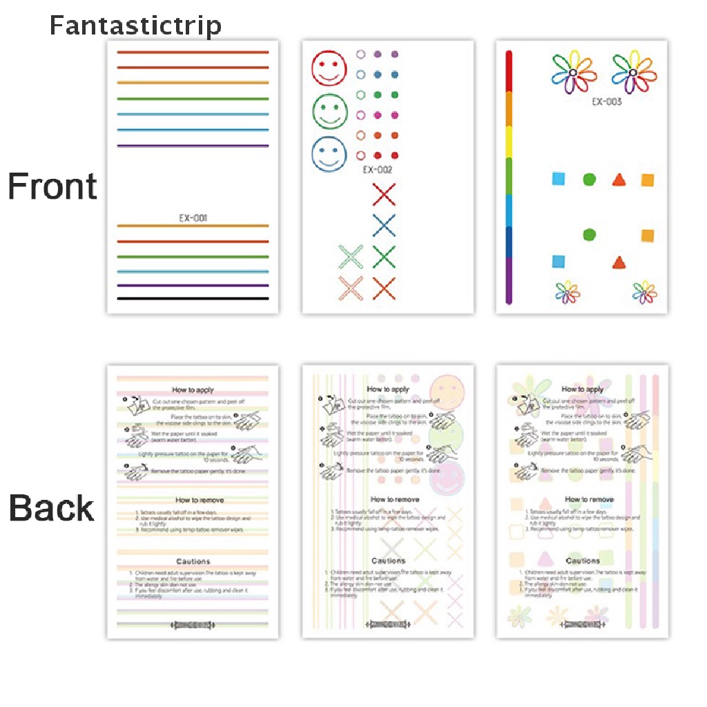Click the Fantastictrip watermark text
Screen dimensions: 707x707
click(135, 26)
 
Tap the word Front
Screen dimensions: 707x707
click(52, 187)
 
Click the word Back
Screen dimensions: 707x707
click(51, 508)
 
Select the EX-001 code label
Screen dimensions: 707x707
click(193, 218)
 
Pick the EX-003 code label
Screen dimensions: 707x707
click(606, 102)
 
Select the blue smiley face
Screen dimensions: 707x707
click(329, 153)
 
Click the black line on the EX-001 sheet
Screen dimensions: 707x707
click(193, 298)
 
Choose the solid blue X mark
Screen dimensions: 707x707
click(384, 226)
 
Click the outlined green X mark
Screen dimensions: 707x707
click(351, 257)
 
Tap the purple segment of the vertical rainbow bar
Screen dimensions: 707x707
click(510, 280)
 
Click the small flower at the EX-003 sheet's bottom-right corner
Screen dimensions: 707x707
click(645, 293)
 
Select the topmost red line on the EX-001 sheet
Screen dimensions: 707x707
click(193, 52)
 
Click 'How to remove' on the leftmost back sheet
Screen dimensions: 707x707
click(200, 499)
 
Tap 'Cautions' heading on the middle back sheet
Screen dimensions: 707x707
click(388, 561)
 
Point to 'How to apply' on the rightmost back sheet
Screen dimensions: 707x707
click(583, 389)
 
